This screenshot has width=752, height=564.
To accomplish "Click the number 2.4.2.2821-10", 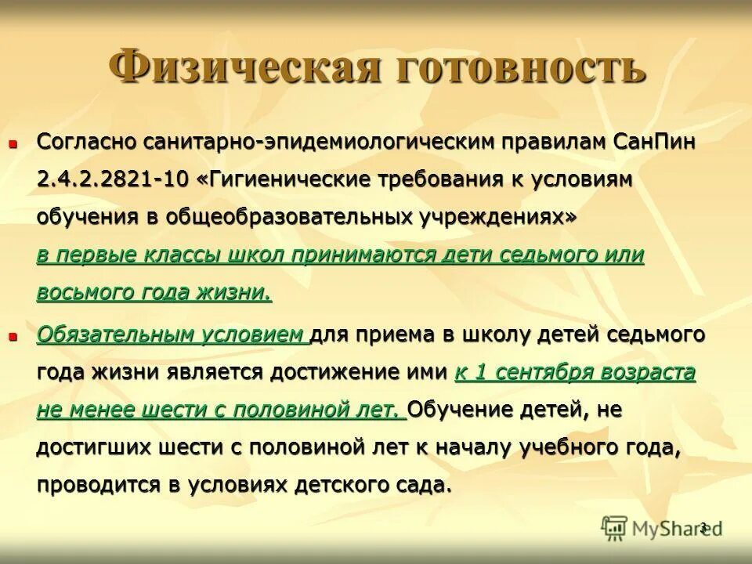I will [x=112, y=179].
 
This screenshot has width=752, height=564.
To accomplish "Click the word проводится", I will [x=98, y=485].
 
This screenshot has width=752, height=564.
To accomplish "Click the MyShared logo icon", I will [x=616, y=529].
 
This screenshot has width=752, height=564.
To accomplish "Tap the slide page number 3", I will [x=703, y=526].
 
